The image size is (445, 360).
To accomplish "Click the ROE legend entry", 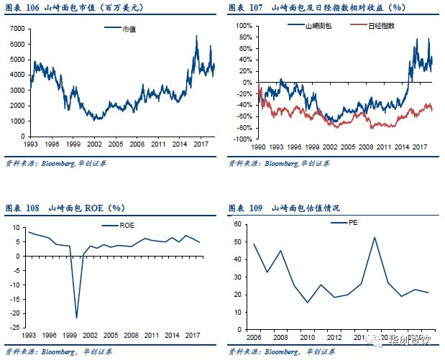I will [x=124, y=226].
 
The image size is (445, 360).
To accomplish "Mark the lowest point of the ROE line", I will [x=76, y=317].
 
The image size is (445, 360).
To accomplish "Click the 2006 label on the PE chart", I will [x=254, y=338].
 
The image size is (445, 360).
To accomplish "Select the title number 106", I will [x=35, y=7].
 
